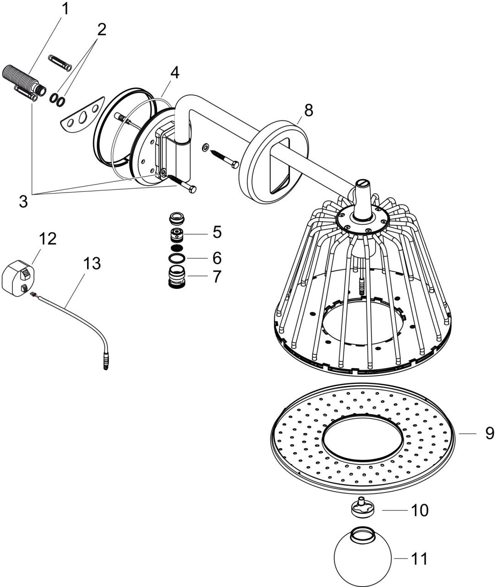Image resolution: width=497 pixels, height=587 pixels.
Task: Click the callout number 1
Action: (x=65, y=9)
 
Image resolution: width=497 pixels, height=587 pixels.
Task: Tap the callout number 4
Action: (x=175, y=73)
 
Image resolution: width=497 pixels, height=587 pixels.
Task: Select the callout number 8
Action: (x=309, y=110)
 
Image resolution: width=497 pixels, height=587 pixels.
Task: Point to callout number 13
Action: (x=92, y=264)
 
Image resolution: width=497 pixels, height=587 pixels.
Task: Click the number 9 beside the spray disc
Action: (x=490, y=433)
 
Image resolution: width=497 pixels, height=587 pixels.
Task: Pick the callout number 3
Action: (x=23, y=201)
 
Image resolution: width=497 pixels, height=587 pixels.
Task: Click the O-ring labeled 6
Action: (x=177, y=259)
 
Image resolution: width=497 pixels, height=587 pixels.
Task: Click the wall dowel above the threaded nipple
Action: (x=60, y=62)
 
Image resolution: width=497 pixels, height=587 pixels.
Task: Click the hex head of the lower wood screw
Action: (x=192, y=189)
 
